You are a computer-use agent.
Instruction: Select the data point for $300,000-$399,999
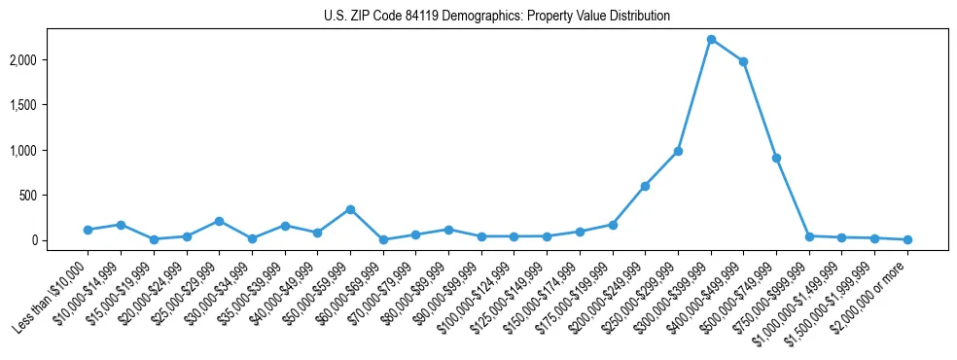[x=711, y=39]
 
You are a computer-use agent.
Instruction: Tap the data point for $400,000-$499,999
[x=743, y=61]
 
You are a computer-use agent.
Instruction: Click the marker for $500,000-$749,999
[x=776, y=158]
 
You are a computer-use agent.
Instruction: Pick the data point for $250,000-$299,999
[x=678, y=151]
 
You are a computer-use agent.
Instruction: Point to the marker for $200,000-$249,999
[x=645, y=186]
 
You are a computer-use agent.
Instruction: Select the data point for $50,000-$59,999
[x=350, y=209]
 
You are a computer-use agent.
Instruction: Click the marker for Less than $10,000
[x=88, y=230]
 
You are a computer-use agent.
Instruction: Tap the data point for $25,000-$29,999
[x=219, y=221]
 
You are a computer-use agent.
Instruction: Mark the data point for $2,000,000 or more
[x=907, y=239]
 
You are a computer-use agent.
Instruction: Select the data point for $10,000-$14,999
[x=121, y=225]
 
